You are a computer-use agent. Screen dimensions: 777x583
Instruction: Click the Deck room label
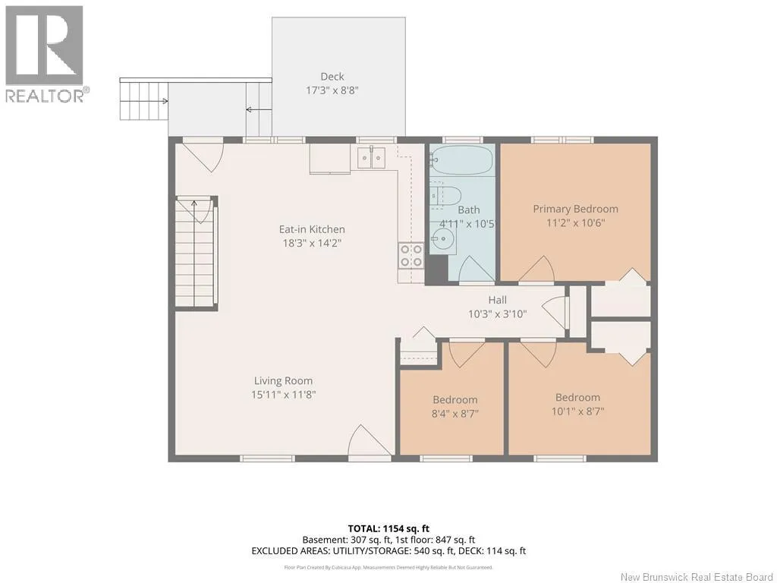332,77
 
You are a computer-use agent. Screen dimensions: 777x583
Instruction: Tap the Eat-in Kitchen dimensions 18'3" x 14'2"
312,243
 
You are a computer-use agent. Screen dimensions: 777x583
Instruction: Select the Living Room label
284,381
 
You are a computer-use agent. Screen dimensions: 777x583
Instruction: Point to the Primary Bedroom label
575,209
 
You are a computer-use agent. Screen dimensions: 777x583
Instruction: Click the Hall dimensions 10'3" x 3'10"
498,314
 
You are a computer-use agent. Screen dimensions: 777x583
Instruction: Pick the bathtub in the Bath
461,159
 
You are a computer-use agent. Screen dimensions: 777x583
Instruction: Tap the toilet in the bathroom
445,195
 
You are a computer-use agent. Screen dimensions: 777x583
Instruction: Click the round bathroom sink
444,239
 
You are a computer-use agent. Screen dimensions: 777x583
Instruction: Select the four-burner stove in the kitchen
411,255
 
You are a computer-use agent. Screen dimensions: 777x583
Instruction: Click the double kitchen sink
371,158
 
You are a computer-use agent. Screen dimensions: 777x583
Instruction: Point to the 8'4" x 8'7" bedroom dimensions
455,414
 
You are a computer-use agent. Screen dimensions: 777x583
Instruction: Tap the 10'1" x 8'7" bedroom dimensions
577,411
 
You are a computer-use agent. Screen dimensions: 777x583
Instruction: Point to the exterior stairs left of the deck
143,101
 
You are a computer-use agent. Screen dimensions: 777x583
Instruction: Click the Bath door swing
477,270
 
